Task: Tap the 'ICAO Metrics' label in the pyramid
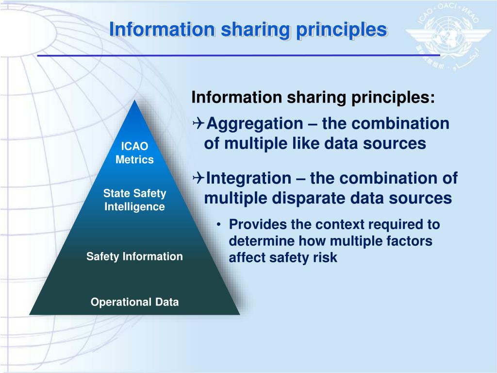(134, 153)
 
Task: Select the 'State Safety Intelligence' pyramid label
(134, 200)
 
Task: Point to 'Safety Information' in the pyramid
(134, 256)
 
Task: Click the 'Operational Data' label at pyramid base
(134, 302)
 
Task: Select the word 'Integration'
(248, 178)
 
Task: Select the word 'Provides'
(256, 225)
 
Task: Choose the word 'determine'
(262, 241)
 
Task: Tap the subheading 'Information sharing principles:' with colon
(313, 98)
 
